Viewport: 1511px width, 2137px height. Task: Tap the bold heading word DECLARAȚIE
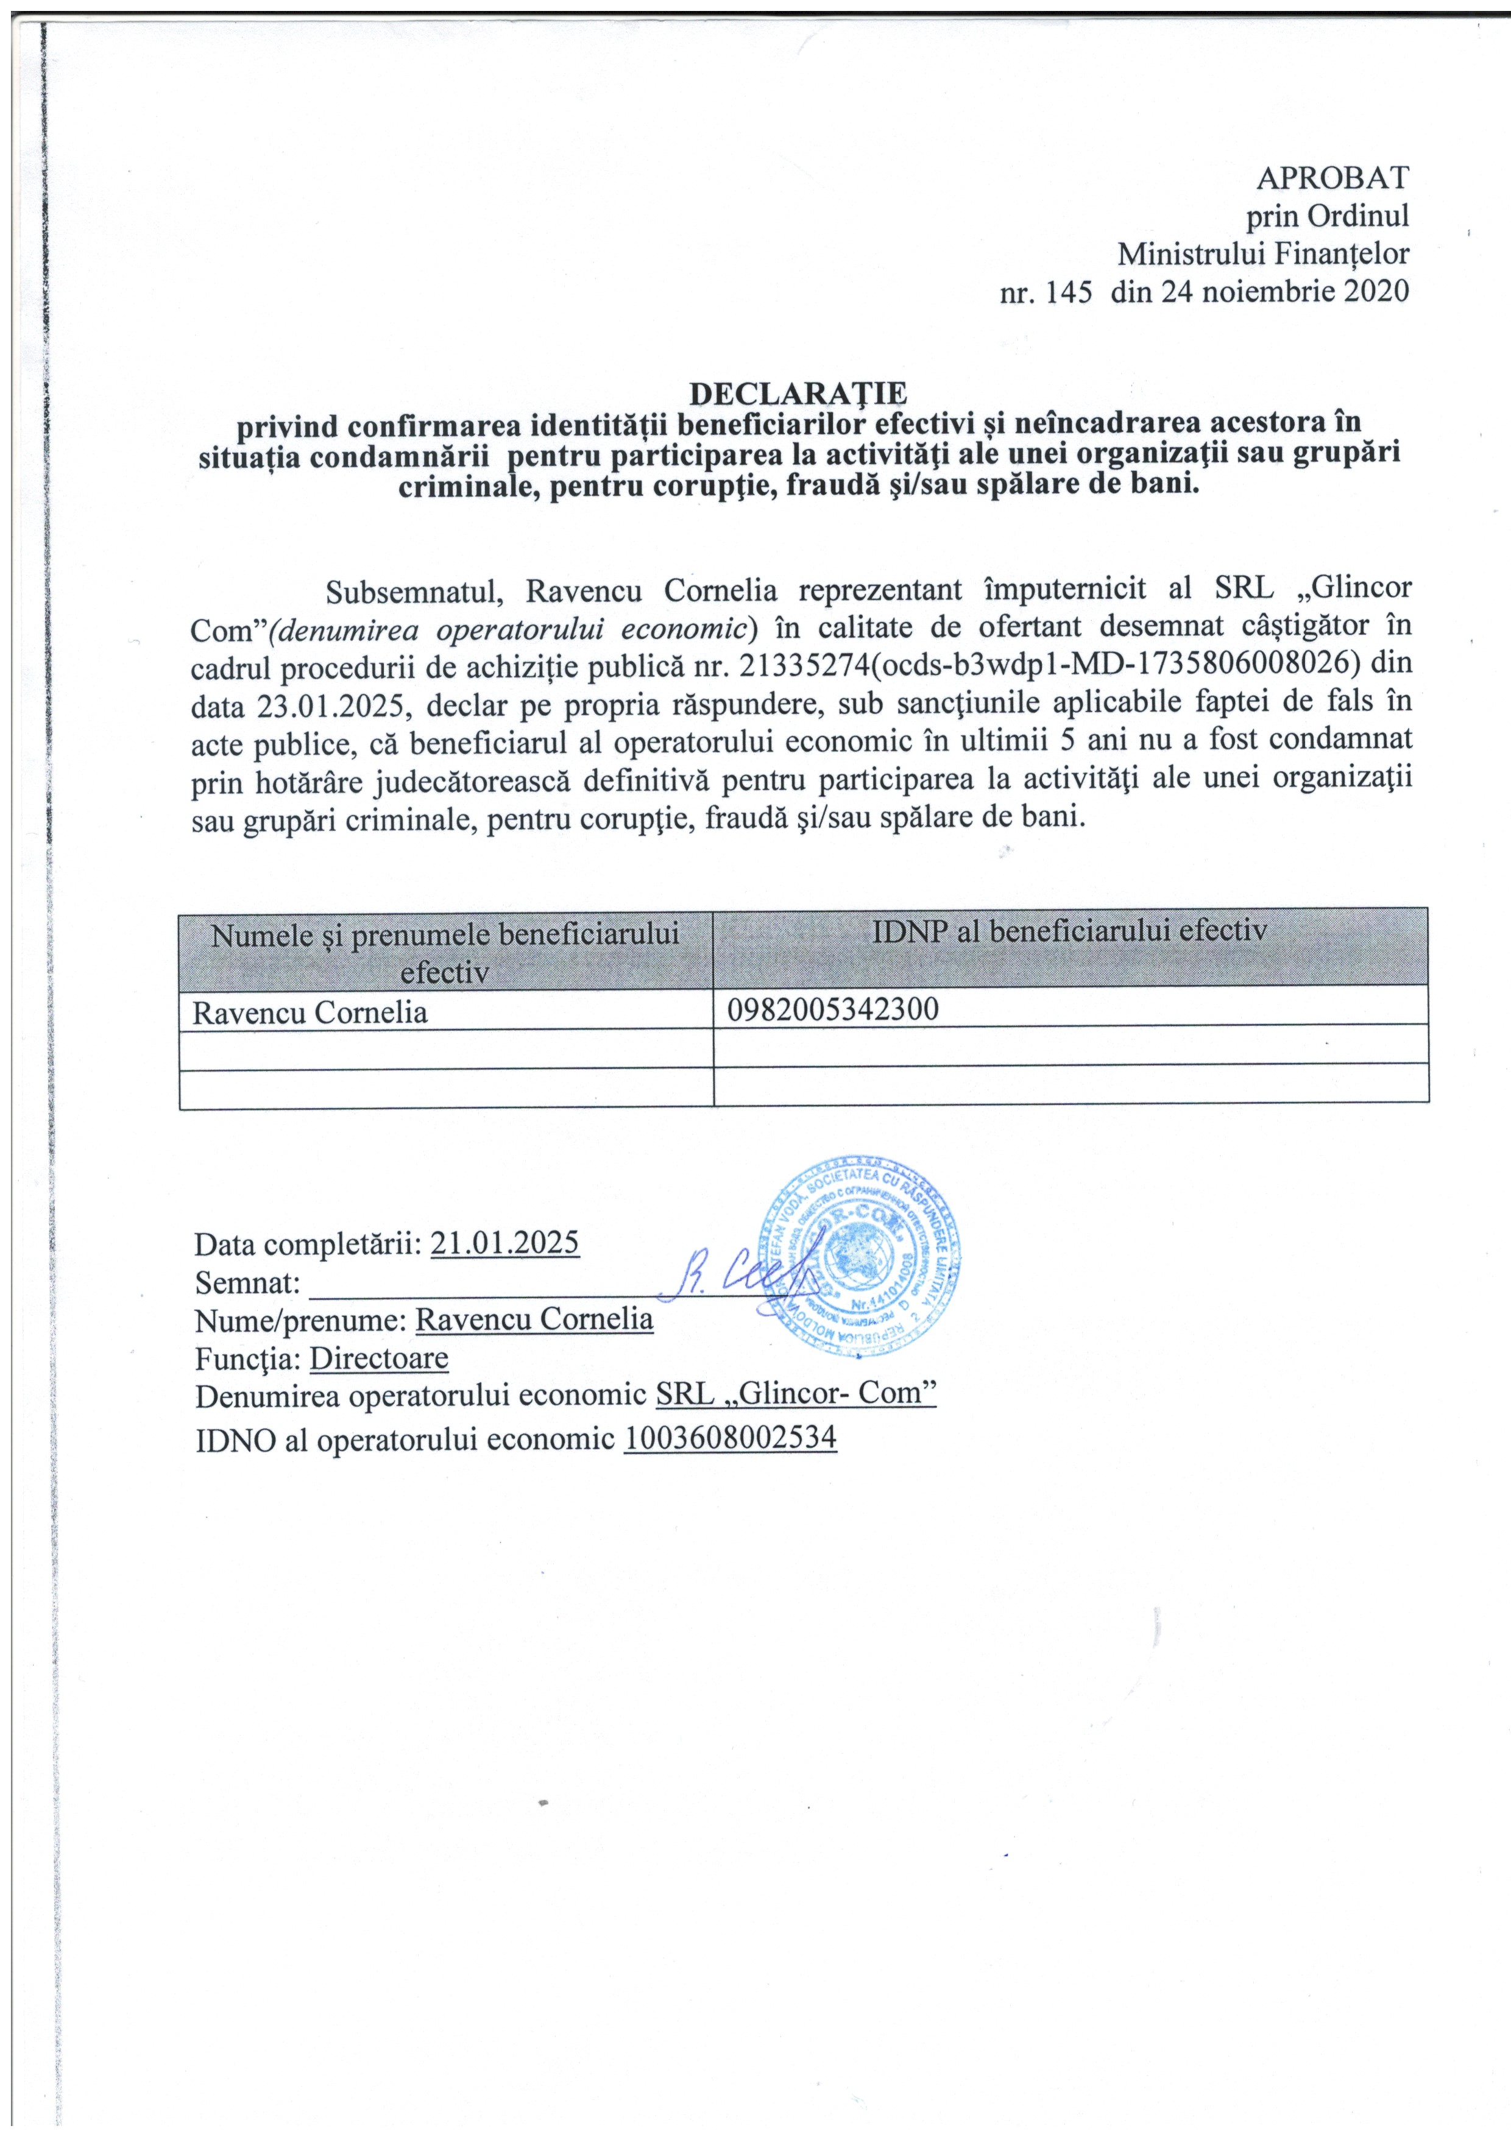[x=798, y=392]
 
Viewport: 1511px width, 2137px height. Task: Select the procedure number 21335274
[x=806, y=665]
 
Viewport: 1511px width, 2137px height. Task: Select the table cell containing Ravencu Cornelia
[x=310, y=1012]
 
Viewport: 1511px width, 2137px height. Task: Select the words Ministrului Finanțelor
[x=1264, y=253]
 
